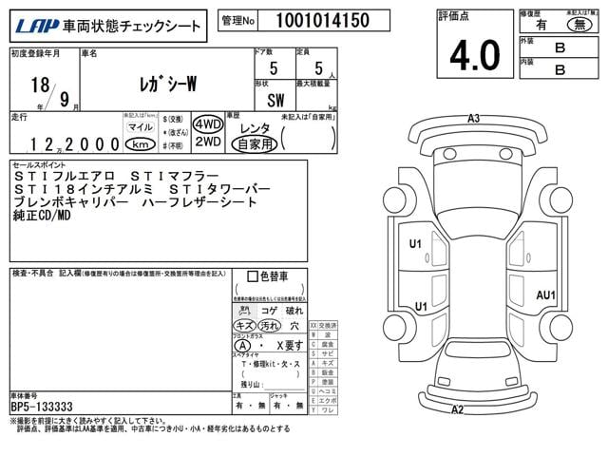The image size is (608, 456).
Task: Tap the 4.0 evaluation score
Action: pyautogui.click(x=474, y=55)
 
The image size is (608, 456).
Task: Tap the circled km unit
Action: pyautogui.click(x=140, y=144)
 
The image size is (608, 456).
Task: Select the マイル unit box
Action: pyautogui.click(x=140, y=125)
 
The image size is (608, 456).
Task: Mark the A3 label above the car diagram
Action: pyautogui.click(x=473, y=119)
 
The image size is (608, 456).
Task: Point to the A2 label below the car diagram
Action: pyautogui.click(x=457, y=410)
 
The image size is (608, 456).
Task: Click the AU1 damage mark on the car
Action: pyautogui.click(x=545, y=294)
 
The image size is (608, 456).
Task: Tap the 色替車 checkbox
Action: pyautogui.click(x=252, y=277)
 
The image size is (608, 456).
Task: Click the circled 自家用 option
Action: pyautogui.click(x=256, y=144)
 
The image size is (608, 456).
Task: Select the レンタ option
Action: pyautogui.click(x=255, y=127)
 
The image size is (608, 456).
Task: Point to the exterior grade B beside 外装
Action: pyautogui.click(x=560, y=46)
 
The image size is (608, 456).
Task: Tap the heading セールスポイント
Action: pyautogui.click(x=41, y=164)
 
